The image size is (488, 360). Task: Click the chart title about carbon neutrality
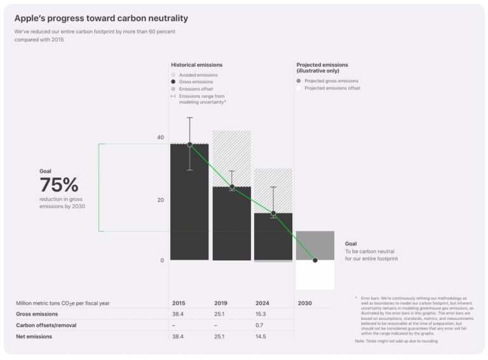101,18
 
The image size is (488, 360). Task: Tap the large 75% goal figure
58,185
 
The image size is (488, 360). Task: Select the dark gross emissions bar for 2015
189,210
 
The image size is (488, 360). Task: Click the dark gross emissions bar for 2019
231,225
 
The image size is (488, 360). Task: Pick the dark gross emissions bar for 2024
273,238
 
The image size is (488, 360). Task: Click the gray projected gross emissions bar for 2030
315,244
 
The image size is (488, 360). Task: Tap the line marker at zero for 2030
315,260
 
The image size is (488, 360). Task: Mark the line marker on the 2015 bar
189,145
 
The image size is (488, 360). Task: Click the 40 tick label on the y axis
160,138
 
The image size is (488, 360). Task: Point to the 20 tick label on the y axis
160,200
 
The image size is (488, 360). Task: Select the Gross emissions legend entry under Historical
196,82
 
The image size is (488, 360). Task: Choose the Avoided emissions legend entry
198,75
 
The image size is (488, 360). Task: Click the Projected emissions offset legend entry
332,88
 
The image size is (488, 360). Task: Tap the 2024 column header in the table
262,303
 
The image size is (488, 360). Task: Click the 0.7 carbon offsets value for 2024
259,325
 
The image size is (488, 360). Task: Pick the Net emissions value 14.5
261,337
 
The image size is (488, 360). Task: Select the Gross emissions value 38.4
178,314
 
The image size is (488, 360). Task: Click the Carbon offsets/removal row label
43,325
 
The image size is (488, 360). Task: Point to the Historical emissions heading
196,65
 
